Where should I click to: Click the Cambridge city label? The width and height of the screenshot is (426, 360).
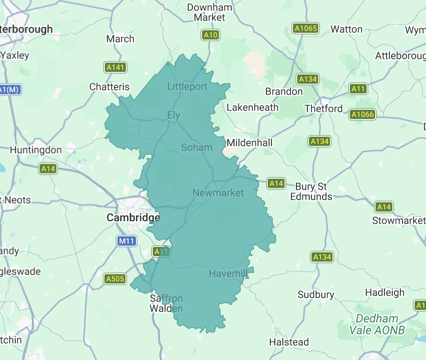[x=133, y=217]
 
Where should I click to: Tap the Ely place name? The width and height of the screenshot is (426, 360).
[x=173, y=115]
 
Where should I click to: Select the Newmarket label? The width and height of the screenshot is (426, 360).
[x=218, y=193]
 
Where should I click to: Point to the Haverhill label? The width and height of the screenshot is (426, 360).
[x=228, y=274]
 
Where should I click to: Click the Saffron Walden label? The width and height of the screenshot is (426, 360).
[x=167, y=304]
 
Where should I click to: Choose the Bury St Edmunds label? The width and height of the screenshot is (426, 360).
[x=311, y=191]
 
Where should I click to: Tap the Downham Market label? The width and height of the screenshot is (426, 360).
[x=210, y=13]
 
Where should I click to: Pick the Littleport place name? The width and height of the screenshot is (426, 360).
[x=187, y=87]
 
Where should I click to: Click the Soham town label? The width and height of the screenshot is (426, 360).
[x=197, y=147]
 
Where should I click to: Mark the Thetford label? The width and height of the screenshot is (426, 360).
[x=324, y=109]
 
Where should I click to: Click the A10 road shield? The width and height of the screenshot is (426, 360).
[x=210, y=35]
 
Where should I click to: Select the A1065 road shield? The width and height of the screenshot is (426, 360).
[x=305, y=29]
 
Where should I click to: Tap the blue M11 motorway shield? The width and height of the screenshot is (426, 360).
[x=127, y=241]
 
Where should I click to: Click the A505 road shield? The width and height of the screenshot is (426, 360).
[x=115, y=278]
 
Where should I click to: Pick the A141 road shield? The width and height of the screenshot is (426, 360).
[x=115, y=67]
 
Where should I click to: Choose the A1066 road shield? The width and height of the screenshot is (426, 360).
[x=362, y=114]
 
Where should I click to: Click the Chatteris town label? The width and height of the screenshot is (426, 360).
[x=109, y=87]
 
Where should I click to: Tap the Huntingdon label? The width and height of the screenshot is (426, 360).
[x=36, y=150]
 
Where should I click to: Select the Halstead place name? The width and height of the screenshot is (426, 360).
[x=289, y=342]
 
